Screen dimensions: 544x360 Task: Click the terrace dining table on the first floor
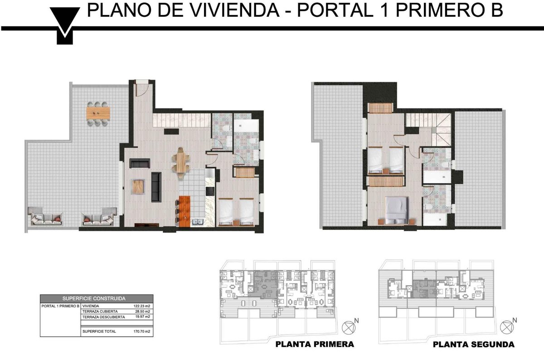point(98,113)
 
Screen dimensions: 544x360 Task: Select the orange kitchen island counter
point(184,211)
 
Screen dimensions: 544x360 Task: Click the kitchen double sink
point(198,222)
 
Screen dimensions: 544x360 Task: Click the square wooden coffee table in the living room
point(138,186)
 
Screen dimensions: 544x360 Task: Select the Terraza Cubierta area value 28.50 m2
point(142,311)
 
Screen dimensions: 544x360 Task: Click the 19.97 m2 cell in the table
point(142,317)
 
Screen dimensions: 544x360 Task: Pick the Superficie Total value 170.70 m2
point(141,331)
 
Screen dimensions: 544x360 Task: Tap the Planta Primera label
point(315,344)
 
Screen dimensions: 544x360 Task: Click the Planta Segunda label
point(474,345)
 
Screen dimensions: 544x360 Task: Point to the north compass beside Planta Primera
point(349,327)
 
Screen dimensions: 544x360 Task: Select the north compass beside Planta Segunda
point(507,327)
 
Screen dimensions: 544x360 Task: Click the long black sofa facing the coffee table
point(156,187)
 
